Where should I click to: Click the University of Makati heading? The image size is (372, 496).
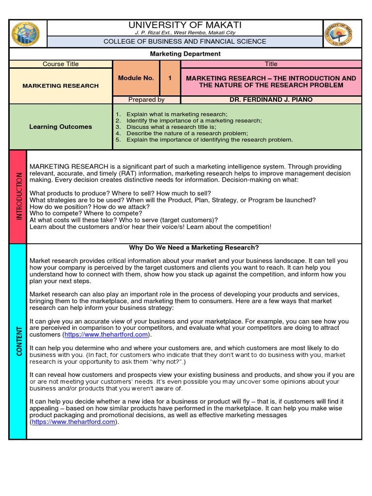[184, 25]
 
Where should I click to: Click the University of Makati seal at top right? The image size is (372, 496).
[338, 34]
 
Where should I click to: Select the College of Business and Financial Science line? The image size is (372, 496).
[185, 42]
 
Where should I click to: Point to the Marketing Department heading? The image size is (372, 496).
[185, 54]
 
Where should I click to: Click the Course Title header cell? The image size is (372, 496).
[61, 64]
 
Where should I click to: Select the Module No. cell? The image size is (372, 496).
[136, 78]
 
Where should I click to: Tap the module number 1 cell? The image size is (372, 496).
[170, 78]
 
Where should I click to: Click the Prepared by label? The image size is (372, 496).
[146, 100]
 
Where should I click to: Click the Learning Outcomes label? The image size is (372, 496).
[61, 126]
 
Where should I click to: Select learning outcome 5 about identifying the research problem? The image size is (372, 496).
[209, 139]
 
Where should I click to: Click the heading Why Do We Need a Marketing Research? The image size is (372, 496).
[194, 248]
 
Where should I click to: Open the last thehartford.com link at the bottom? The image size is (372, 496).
[74, 422]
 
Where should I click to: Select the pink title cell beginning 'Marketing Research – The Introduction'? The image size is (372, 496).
[271, 81]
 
